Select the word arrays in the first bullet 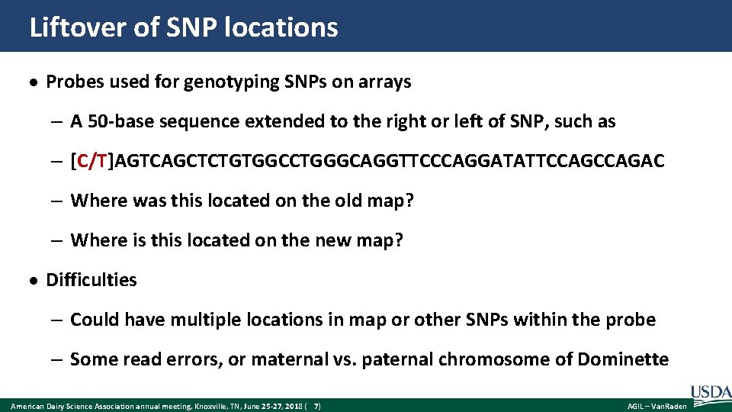pos(384,82)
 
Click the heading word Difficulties pos(91,280)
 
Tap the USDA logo pos(710,392)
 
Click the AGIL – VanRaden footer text pos(657,407)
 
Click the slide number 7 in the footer pos(316,407)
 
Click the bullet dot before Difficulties pos(35,281)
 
